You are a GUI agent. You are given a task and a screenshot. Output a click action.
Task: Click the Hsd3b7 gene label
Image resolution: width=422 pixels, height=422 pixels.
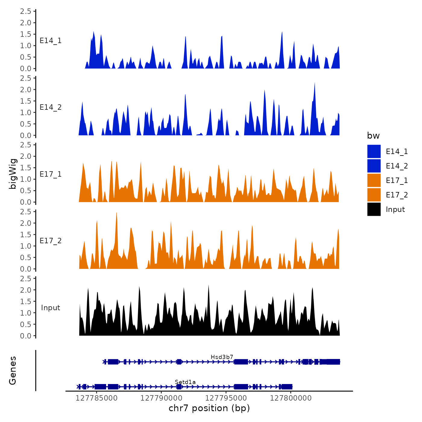point(222,357)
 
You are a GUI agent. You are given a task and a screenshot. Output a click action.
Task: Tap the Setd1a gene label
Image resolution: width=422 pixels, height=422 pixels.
point(185,382)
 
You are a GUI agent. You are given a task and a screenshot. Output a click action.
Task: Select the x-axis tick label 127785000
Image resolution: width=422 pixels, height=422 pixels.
point(96,398)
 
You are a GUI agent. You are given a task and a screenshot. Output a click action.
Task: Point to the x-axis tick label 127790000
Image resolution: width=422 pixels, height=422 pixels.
point(161,398)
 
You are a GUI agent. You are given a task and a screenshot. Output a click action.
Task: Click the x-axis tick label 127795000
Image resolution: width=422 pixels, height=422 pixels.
point(226,398)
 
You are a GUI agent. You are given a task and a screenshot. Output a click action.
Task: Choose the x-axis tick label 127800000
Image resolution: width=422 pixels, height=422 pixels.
point(291,398)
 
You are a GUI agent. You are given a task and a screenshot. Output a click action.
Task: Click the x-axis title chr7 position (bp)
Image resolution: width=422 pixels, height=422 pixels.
point(209,408)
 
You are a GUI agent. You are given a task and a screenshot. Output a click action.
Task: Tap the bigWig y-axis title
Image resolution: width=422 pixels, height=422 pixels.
point(13,174)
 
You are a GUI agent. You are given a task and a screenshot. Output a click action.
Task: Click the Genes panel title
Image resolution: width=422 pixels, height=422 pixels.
point(13,370)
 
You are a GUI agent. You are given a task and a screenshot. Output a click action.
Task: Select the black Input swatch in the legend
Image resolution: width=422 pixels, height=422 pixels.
point(374,209)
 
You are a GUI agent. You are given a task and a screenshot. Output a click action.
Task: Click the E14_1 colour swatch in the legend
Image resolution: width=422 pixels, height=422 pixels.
point(374,151)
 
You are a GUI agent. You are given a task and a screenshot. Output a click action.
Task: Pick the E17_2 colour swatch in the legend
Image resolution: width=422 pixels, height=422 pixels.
point(374,195)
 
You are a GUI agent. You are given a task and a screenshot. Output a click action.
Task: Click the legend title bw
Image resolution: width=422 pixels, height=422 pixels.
point(373,136)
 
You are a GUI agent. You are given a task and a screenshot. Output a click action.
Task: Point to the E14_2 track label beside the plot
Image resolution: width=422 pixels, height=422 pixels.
point(51,107)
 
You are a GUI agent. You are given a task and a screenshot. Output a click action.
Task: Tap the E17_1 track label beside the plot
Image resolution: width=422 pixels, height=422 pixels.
point(51,174)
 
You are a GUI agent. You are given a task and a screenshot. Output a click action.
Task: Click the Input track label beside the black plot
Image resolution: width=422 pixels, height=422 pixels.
point(51,308)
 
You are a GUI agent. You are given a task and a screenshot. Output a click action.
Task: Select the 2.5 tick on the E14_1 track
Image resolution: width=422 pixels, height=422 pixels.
point(26,11)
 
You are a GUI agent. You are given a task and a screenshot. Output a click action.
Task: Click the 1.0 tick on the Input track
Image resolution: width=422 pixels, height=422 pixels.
point(26,313)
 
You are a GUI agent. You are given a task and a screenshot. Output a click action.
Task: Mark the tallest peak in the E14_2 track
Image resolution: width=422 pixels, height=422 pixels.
point(314,83)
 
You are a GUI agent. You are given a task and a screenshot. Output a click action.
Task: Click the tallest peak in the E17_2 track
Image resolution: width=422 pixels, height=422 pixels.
point(116,213)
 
